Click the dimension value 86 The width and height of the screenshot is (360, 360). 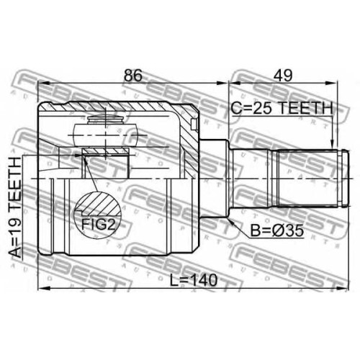point(133,76)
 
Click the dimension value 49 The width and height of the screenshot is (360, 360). point(283,76)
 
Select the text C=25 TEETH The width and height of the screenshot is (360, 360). point(282,108)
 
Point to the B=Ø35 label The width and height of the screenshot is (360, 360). point(277,230)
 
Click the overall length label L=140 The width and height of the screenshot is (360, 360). point(194,280)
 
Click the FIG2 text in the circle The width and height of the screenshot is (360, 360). point(99,225)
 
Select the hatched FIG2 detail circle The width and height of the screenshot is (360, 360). point(97,213)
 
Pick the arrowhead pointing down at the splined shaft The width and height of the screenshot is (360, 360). point(332,145)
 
